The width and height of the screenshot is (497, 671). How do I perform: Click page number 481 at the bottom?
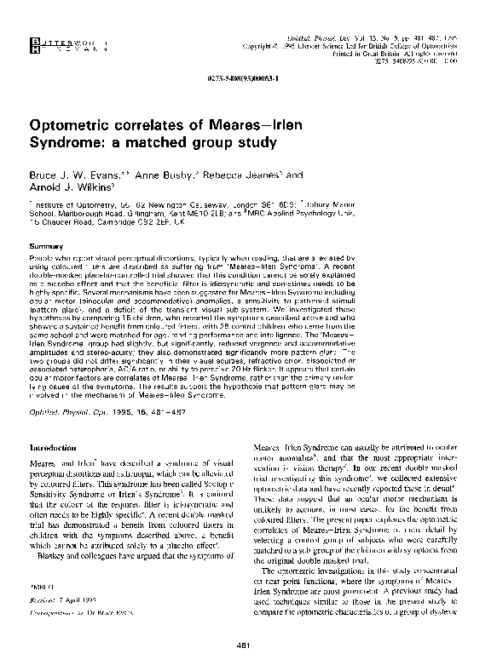pos(248,651)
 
